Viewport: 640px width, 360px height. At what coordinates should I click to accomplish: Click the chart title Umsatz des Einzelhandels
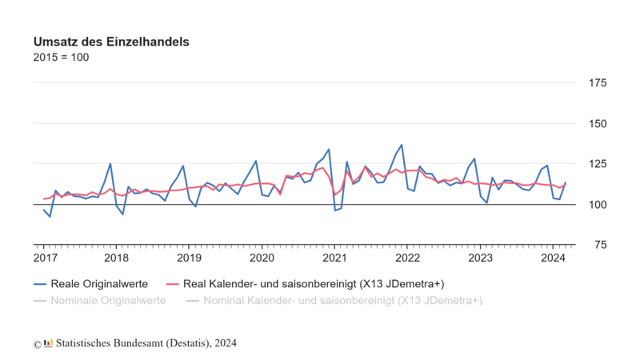coord(111,41)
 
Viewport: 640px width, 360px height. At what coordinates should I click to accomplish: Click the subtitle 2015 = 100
coord(61,58)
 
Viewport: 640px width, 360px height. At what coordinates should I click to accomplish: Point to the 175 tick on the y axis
coord(597,82)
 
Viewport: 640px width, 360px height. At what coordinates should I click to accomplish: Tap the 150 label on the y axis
coord(597,123)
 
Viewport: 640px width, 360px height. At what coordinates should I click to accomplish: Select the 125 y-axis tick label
coord(597,164)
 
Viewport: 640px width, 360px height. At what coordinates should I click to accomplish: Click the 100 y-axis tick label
coord(597,205)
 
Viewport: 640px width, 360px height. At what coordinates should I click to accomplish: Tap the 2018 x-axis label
coord(117,258)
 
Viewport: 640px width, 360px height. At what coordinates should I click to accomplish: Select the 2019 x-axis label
coord(190,258)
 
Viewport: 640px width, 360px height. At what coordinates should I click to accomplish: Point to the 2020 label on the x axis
coord(262,258)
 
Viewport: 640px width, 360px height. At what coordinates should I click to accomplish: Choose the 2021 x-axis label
coord(334,258)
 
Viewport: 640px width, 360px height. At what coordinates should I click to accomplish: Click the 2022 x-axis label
coord(408,258)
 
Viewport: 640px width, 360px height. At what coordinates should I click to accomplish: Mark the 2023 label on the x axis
coord(480,258)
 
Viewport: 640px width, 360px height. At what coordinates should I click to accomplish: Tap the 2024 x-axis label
coord(553,258)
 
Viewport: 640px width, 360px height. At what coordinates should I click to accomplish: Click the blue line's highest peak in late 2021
coord(402,145)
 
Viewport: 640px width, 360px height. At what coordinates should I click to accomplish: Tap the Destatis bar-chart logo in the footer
coord(49,342)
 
